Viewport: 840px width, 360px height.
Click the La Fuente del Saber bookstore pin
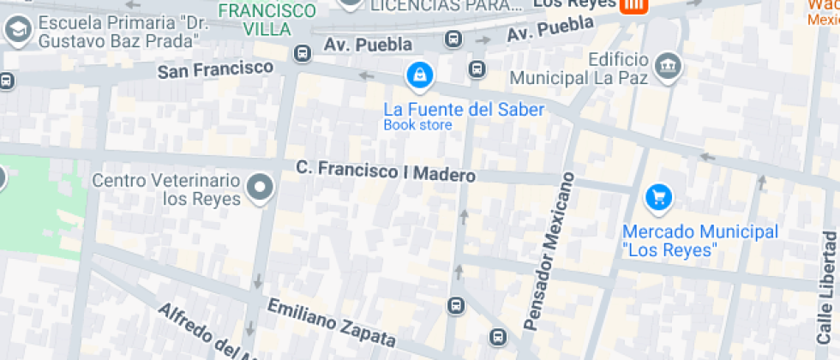pos(419,76)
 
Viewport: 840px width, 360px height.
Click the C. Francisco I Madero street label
pos(385,171)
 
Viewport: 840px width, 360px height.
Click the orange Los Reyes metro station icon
pos(633,5)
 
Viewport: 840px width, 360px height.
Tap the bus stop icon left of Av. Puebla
pos(302,54)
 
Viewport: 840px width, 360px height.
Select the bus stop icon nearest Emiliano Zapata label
pos(456,305)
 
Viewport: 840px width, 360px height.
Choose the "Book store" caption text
pos(417,125)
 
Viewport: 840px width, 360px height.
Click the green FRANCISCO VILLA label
pos(267,20)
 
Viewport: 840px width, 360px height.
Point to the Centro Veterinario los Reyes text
pos(165,189)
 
